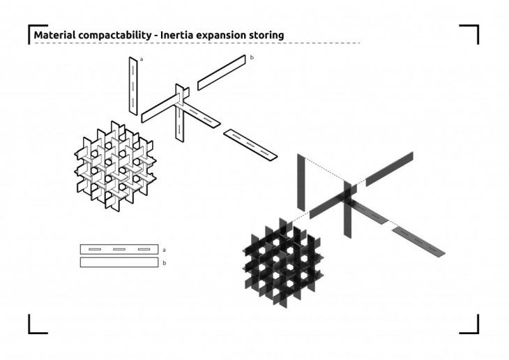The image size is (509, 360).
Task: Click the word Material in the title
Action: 54,35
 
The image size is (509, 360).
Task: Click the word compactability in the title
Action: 114,36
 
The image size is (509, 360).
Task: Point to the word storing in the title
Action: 266,36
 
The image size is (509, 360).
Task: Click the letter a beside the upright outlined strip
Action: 142,59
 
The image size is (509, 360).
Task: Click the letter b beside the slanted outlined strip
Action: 252,57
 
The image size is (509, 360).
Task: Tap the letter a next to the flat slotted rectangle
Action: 164,250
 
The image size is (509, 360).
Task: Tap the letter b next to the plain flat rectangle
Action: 165,263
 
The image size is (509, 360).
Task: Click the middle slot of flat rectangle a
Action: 119,249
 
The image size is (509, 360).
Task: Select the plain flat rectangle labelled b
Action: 119,262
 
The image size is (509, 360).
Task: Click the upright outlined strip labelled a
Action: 133,86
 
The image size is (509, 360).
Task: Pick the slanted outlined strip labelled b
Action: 222,73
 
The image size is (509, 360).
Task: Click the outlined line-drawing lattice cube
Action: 115,165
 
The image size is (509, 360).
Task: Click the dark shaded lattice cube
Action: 283,263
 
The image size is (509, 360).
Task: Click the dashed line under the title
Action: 197,43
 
